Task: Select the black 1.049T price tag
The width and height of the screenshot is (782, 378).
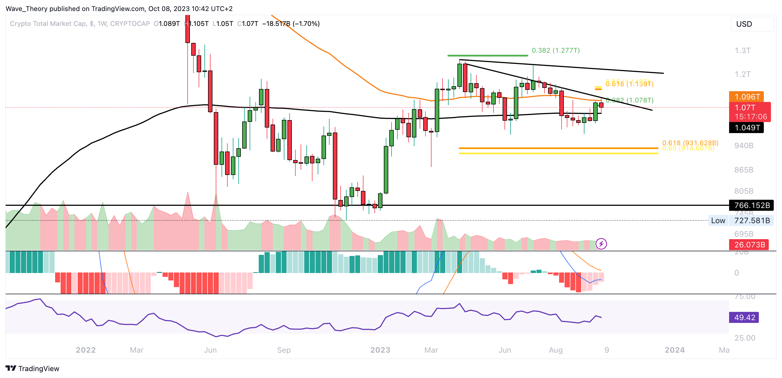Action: pos(746,128)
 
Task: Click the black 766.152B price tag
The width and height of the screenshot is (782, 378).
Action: pos(751,205)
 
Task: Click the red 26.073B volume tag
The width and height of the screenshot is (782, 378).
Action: pos(749,244)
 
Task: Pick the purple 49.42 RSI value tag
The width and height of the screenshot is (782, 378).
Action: pos(744,317)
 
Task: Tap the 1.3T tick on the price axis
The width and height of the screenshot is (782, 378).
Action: pos(743,50)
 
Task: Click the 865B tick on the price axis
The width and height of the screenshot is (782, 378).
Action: pos(743,170)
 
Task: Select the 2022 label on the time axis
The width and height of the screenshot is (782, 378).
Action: pos(86,350)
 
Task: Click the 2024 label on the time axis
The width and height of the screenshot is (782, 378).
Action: pos(675,350)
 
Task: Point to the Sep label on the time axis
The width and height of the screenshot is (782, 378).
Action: pos(284,350)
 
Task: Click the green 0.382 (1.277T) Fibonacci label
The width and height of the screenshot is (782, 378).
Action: pos(556,50)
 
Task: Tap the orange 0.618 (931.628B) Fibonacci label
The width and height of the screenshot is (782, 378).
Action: pos(690,143)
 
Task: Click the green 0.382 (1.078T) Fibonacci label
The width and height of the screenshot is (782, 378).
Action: pos(630,100)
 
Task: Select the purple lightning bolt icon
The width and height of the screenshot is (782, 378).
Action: pos(601,244)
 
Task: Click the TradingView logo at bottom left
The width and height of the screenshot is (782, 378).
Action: pos(33,368)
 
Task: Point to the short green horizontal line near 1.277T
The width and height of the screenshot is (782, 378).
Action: pos(487,56)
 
